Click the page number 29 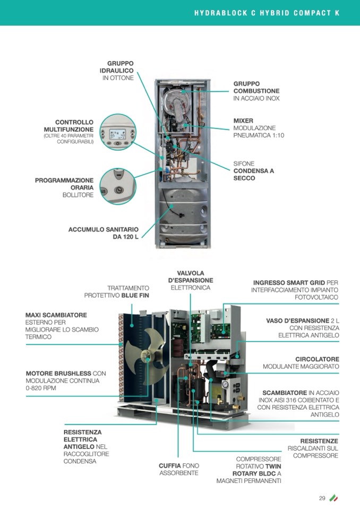point(322,498)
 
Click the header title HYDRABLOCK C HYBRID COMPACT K point(267,13)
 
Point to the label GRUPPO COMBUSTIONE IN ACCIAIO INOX point(256,91)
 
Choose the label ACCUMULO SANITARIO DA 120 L point(104,233)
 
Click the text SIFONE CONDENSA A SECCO point(254,171)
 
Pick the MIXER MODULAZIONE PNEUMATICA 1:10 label point(259,128)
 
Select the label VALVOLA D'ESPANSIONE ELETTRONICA point(191,280)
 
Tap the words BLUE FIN point(135,295)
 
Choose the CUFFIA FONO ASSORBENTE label point(178,469)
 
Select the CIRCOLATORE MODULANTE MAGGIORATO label point(301,363)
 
